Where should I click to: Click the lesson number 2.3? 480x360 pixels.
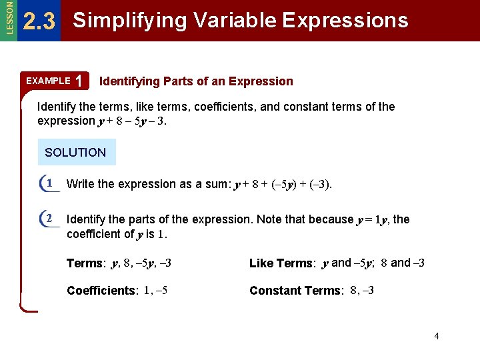tap(39, 22)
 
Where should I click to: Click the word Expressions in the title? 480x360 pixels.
tap(345, 21)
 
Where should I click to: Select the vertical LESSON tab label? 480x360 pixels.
tap(8, 18)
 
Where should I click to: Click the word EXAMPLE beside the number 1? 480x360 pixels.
tap(48, 81)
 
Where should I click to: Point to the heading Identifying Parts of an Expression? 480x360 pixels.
tap(196, 81)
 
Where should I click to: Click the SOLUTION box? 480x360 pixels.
tap(75, 152)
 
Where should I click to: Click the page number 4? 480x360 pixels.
tap(437, 336)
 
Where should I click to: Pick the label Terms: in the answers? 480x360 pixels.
tap(86, 263)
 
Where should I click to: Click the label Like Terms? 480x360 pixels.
tap(282, 263)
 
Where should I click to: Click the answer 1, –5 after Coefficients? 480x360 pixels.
tap(155, 290)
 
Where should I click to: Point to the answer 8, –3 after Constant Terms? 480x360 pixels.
tap(362, 290)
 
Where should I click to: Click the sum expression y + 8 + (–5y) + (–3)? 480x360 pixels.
tap(283, 185)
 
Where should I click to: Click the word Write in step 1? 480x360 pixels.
tap(81, 184)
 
